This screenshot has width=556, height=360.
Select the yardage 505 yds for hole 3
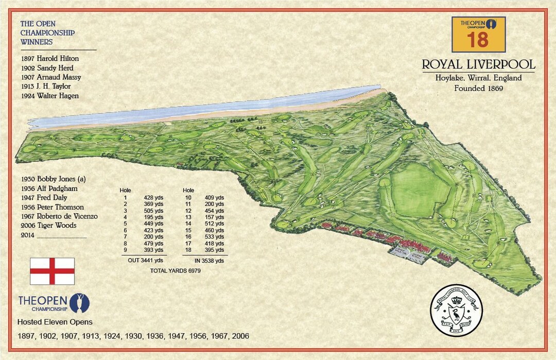tap(154, 210)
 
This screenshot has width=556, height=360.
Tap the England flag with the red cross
tap(52, 271)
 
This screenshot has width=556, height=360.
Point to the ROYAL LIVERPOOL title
tap(478, 65)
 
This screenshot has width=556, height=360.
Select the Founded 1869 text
tap(478, 88)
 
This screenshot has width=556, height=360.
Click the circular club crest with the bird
tap(456, 311)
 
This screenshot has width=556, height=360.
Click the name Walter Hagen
tap(58, 96)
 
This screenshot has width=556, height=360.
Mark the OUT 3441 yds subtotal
tap(145, 261)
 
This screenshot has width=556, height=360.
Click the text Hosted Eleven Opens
tap(55, 322)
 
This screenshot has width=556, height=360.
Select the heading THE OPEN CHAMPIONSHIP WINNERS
tap(47, 33)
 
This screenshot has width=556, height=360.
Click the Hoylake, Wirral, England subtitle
tap(478, 78)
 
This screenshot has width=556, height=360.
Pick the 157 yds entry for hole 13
tap(216, 217)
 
